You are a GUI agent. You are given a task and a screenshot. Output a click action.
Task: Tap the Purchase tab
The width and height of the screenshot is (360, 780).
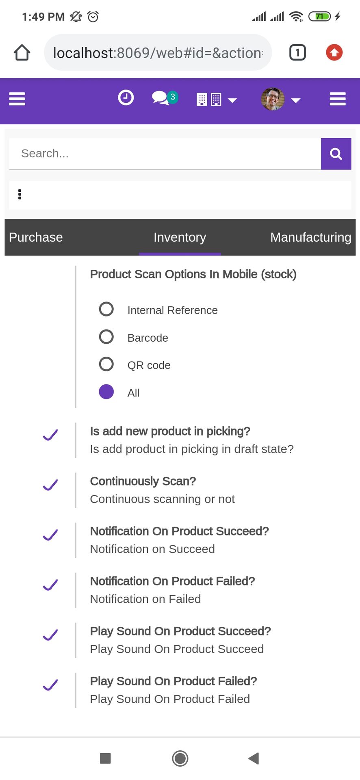point(36,237)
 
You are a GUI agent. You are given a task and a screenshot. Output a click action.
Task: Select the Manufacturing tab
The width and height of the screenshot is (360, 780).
point(311,237)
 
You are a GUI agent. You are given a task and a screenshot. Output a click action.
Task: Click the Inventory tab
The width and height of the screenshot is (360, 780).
point(180,237)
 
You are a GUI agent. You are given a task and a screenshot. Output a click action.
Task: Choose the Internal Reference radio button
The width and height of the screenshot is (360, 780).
point(106,309)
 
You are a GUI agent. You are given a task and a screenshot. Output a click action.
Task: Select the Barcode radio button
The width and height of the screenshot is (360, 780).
point(106,337)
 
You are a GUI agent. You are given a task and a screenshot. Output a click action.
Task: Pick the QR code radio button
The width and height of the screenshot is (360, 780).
point(106,364)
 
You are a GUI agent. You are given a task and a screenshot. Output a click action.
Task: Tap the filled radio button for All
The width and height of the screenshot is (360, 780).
point(106,392)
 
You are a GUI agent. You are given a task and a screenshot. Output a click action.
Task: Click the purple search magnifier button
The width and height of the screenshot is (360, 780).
point(336,154)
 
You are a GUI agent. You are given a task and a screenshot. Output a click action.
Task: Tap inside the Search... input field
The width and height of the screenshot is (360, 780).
point(165,154)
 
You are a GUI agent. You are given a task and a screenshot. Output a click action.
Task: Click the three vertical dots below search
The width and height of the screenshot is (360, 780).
point(20,195)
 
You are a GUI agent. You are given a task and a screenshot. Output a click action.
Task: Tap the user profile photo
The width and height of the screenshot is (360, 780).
point(273,99)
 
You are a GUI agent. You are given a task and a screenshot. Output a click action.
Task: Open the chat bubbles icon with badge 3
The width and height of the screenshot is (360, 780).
point(165,98)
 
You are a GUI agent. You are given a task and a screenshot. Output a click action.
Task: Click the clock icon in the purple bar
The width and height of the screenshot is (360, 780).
point(126,98)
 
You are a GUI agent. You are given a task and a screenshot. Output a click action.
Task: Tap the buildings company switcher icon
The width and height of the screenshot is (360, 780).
point(209,100)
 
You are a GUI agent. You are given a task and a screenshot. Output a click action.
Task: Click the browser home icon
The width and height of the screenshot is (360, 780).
point(22,52)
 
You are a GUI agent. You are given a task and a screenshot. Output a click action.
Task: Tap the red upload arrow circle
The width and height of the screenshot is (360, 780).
point(334,52)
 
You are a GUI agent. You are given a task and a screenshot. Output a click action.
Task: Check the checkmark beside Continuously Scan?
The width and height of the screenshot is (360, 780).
point(50,485)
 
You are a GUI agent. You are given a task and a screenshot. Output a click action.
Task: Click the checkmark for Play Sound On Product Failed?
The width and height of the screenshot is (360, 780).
point(50,685)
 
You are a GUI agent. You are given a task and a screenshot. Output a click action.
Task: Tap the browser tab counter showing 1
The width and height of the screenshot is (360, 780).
point(297,52)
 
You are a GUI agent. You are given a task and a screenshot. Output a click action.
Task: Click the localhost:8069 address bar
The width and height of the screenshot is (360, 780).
point(158,52)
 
